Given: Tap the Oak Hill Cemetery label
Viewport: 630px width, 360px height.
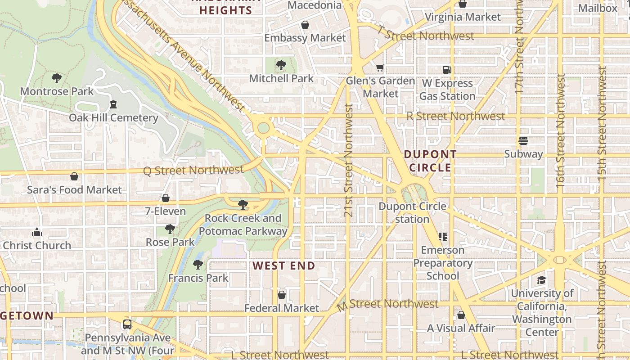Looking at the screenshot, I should [x=113, y=118].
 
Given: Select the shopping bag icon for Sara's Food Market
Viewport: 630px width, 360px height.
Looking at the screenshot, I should [x=74, y=176].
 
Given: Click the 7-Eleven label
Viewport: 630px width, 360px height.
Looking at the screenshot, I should [x=165, y=211].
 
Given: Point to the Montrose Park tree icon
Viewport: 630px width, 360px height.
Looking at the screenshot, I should [x=57, y=78].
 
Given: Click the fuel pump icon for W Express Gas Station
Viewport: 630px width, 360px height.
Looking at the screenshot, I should [x=447, y=70].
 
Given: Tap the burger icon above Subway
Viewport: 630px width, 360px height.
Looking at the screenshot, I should [x=523, y=141].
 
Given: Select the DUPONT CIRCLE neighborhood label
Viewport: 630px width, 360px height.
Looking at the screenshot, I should [x=430, y=161].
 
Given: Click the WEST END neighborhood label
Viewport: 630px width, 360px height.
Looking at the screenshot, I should [x=284, y=265].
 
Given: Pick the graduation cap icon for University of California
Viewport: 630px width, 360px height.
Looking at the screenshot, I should [x=541, y=280].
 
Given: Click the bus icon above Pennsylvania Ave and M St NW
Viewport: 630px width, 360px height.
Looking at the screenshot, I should [x=127, y=324].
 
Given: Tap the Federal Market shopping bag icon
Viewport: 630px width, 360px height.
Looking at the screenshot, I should [x=282, y=295].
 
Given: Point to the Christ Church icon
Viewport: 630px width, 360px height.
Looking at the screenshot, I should [x=37, y=233].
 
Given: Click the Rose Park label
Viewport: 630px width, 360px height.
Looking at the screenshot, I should [x=170, y=242].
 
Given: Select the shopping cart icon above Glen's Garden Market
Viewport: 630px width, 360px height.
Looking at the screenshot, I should [x=380, y=68].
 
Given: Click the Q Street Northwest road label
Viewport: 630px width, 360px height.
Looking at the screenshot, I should [x=193, y=171].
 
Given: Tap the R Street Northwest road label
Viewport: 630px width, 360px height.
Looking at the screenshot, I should [x=455, y=116].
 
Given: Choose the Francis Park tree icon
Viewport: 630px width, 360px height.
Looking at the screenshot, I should [x=198, y=265].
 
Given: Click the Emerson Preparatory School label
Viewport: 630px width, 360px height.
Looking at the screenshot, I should [x=443, y=263].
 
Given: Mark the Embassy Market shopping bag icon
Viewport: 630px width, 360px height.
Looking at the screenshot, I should [x=305, y=25].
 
